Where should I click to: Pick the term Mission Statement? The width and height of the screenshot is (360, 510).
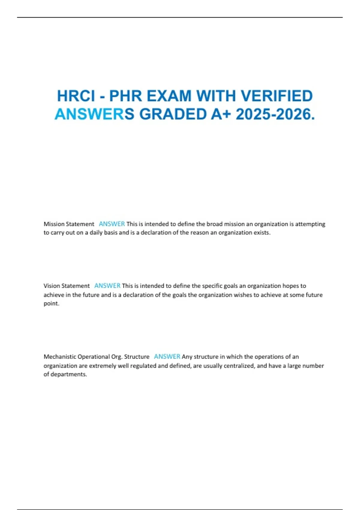(x=69, y=224)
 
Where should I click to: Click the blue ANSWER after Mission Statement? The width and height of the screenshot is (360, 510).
(x=112, y=224)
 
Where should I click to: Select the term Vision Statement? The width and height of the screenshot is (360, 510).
(x=67, y=286)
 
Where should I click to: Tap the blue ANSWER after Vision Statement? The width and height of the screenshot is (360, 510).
(x=107, y=286)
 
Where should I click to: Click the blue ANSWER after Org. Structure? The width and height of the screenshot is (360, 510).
(x=167, y=357)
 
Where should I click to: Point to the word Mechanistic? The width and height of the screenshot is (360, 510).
(x=60, y=357)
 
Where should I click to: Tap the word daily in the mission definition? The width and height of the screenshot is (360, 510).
(x=96, y=233)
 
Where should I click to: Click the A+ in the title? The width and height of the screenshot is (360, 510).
(x=221, y=114)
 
